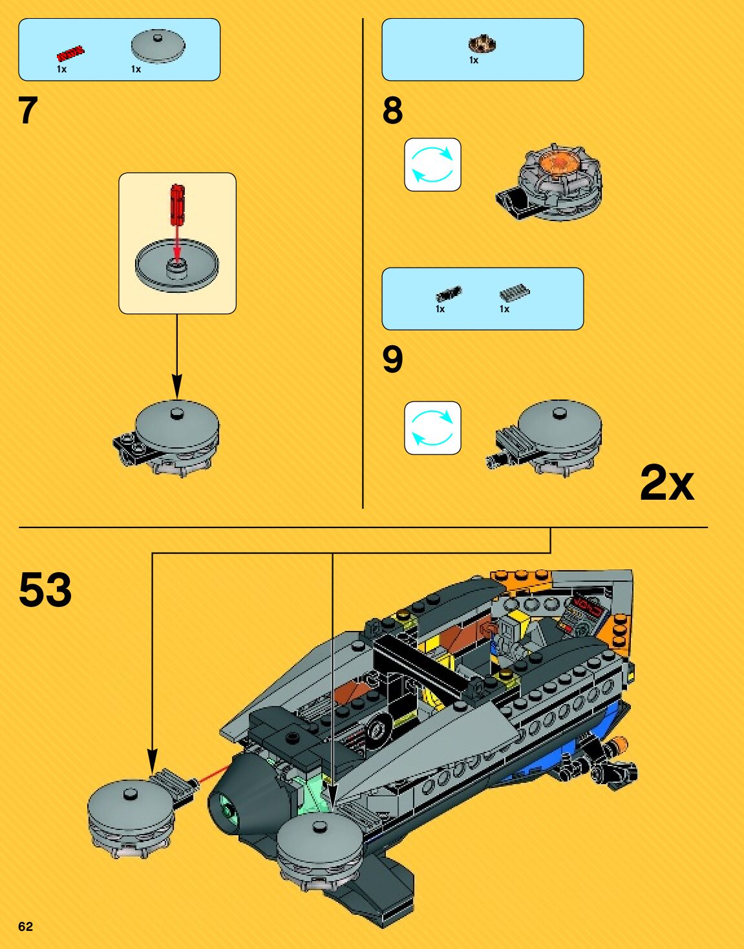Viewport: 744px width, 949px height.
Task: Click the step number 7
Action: [28, 111]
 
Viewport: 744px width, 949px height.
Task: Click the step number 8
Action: [392, 111]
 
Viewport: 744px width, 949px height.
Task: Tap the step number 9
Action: [392, 359]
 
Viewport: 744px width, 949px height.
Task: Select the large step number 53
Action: [45, 590]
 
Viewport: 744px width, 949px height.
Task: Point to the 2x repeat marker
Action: [666, 483]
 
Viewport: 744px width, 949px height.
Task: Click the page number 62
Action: [25, 926]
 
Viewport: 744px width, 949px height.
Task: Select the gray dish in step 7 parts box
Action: [158, 47]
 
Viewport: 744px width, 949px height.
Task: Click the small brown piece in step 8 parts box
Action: [482, 45]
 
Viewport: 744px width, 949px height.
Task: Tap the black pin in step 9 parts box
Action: [448, 294]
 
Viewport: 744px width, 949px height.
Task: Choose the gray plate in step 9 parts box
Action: [514, 293]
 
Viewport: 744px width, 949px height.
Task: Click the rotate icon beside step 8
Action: [432, 165]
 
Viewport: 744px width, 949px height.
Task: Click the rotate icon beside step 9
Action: [432, 428]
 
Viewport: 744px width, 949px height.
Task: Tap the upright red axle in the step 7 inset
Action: [177, 204]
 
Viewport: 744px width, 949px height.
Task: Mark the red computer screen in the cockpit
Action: [588, 605]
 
